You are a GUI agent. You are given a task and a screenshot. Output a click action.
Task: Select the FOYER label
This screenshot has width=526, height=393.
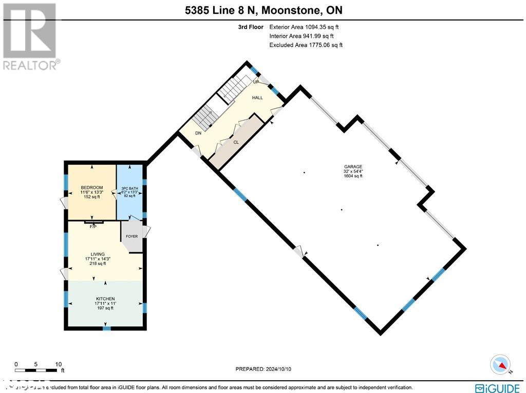(x=132, y=237)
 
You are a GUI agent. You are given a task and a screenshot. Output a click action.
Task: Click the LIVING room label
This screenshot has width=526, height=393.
(x=98, y=254)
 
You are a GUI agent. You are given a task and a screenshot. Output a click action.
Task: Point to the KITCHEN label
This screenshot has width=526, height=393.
(x=105, y=299)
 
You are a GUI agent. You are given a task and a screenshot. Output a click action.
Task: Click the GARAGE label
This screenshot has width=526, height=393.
(x=353, y=167)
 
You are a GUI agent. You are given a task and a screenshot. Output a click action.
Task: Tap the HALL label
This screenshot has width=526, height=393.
(x=257, y=97)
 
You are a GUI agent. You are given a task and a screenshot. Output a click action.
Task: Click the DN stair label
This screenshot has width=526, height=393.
(x=198, y=133)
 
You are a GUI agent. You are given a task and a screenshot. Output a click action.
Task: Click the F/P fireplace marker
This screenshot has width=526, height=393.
(x=93, y=226)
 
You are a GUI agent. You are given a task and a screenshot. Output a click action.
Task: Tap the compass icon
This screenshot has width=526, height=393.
(x=499, y=364)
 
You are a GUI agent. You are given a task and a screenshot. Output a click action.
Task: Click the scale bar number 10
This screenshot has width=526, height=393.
(x=58, y=364)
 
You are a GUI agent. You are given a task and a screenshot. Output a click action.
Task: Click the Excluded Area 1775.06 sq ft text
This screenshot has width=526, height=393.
(x=306, y=45)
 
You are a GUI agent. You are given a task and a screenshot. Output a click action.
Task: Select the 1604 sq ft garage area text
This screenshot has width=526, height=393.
(x=353, y=176)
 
